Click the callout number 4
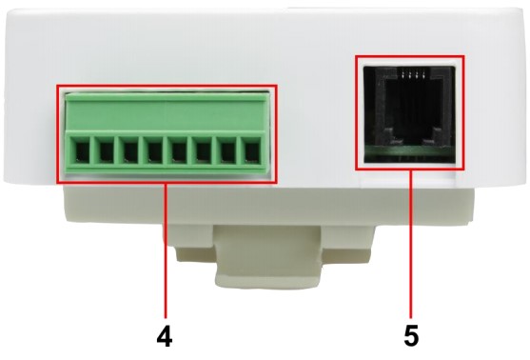coord(165,336)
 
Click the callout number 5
coord(411,336)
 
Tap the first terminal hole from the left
coord(82,151)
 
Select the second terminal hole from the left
coord(107,151)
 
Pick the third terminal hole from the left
coord(130,151)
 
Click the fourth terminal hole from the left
coord(154,151)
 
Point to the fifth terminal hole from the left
coord(179,151)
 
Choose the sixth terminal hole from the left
coord(203,151)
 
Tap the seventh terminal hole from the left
coord(227,151)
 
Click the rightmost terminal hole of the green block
coord(251,151)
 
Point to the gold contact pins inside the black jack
coord(412,75)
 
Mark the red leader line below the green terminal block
coord(166,250)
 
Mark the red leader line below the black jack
coord(411,245)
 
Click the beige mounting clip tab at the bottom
coord(268,265)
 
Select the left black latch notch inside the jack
coord(388,135)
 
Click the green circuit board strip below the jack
coord(409,151)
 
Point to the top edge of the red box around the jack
coord(410,56)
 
